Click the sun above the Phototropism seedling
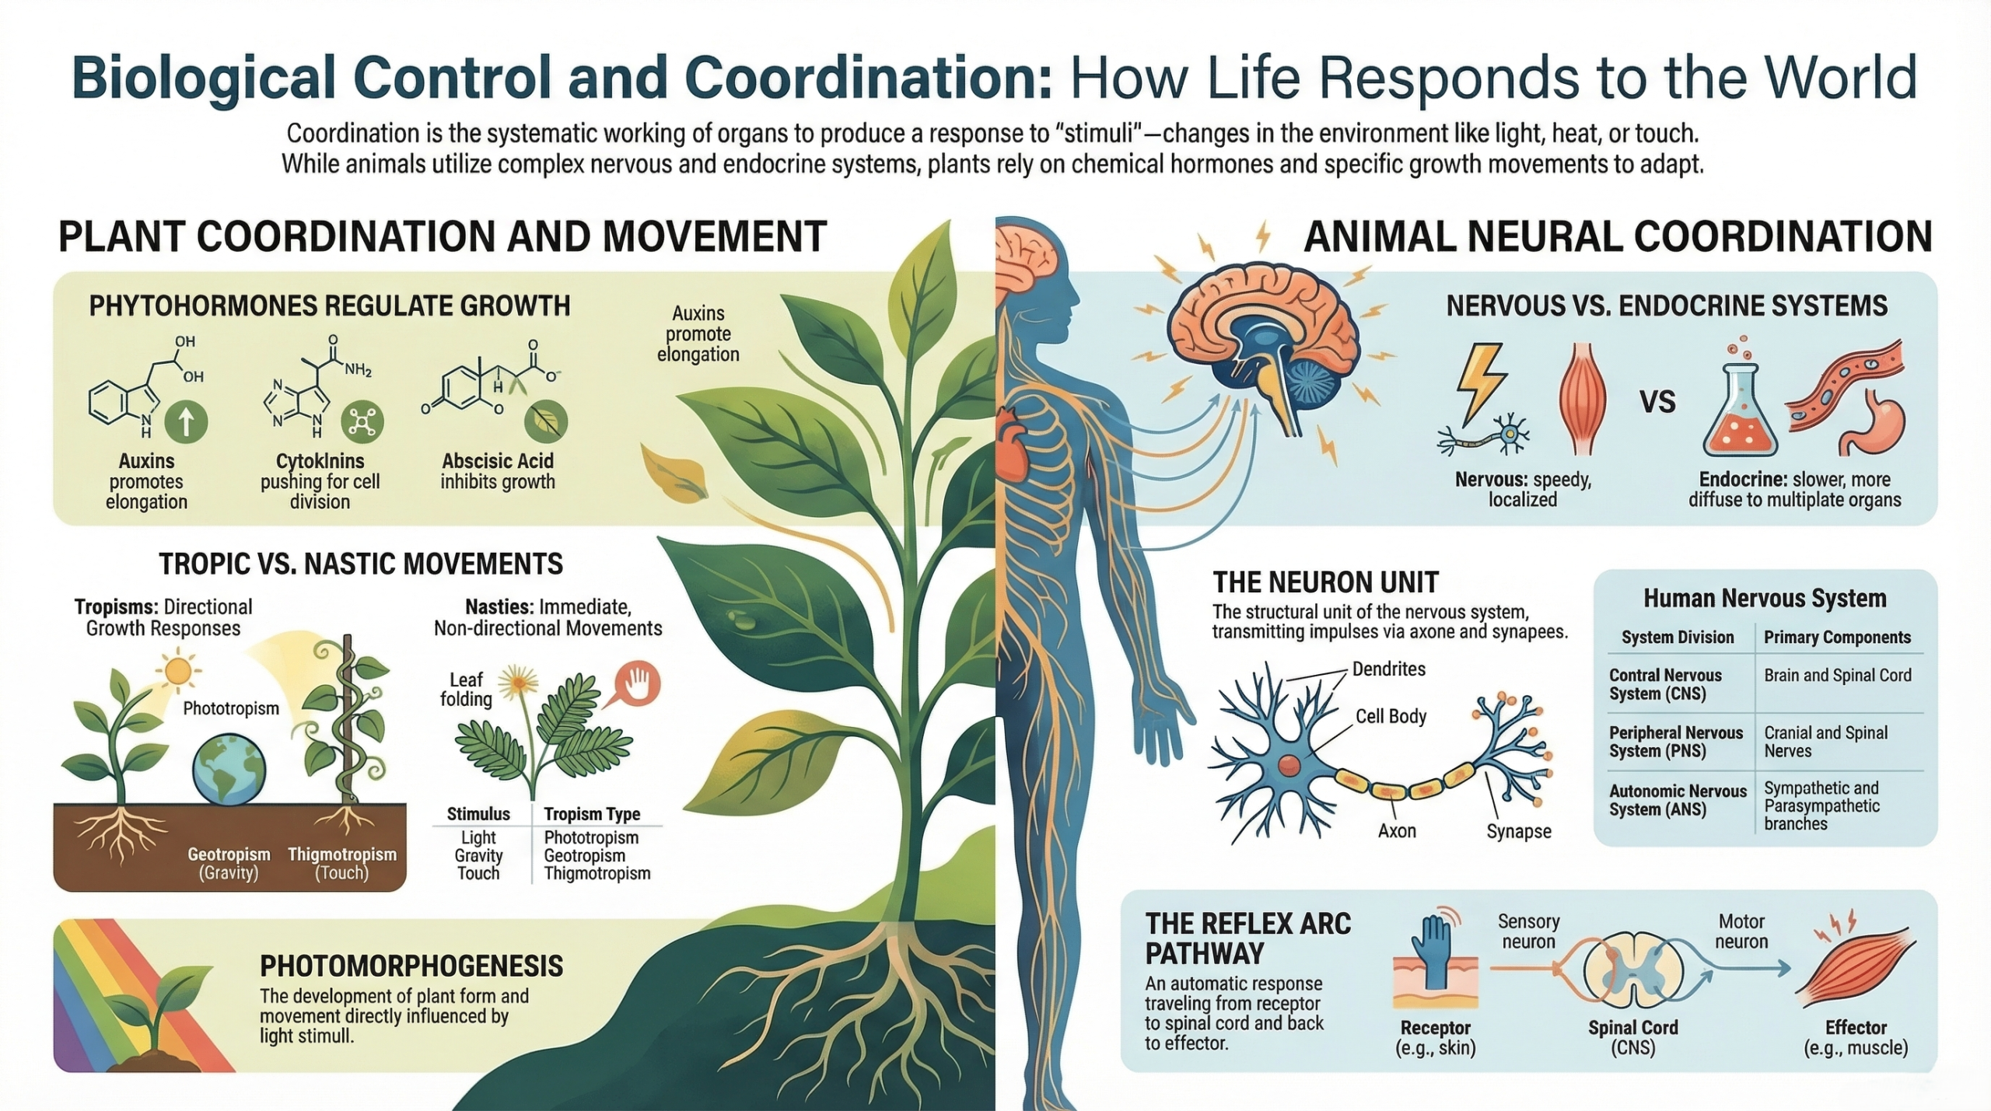(178, 670)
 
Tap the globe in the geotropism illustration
(229, 770)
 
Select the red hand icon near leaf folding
(638, 684)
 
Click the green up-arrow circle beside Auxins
(186, 422)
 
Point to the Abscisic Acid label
(498, 461)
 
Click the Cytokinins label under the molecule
(320, 461)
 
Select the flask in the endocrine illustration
(1739, 412)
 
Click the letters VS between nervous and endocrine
(1657, 402)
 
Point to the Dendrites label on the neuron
(1388, 669)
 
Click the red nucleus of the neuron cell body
(1289, 765)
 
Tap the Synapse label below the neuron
(1518, 831)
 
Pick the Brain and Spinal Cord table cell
(1837, 676)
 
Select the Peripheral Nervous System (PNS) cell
(1675, 742)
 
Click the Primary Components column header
(1837, 638)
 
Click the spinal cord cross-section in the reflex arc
(1633, 973)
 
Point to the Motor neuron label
(1741, 931)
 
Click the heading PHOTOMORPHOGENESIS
(411, 966)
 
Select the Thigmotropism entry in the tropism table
(597, 874)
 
